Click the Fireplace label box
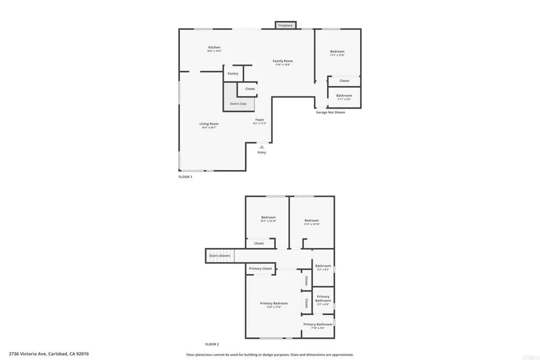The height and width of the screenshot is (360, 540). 285,25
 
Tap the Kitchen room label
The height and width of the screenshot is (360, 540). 214,47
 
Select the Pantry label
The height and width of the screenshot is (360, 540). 233,74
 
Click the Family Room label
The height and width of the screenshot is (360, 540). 283,61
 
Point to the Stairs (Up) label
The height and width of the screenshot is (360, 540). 238,104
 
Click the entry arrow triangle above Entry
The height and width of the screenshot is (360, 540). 262,147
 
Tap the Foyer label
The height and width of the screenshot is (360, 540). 260,120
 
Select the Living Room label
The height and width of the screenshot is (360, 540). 209,124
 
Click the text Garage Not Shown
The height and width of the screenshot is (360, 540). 331,112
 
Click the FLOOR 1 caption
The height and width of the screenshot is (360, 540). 185,177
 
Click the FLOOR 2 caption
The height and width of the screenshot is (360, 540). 211,344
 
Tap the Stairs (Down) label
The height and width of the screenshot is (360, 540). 219,256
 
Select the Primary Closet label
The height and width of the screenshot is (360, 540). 261,269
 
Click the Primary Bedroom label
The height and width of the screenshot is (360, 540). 274,303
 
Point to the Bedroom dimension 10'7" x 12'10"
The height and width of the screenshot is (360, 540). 268,221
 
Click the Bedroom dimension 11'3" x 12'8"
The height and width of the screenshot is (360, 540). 337,55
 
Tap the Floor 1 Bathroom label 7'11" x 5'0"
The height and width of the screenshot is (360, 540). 344,97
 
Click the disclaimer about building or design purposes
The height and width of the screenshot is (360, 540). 270,355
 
